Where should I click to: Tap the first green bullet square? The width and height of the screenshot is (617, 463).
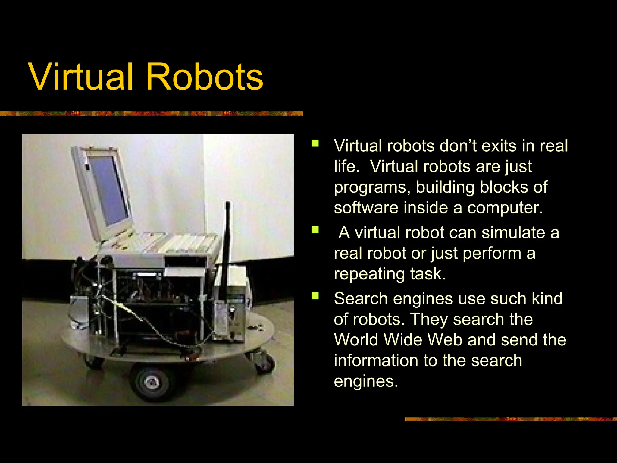[x=315, y=143]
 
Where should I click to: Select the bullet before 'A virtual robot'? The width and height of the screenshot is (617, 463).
[x=315, y=230]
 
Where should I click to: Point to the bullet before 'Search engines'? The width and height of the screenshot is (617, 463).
[x=315, y=296]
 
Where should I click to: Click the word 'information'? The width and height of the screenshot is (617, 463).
[x=377, y=361]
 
